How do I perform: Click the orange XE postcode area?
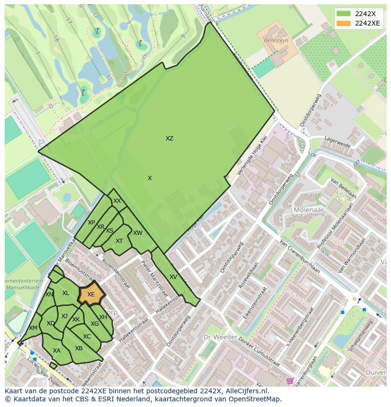tap(91, 294)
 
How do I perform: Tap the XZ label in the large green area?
tap(169, 139)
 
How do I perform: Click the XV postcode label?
tap(173, 277)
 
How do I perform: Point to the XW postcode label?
tap(137, 233)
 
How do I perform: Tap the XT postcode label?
tap(119, 241)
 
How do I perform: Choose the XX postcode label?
tap(117, 201)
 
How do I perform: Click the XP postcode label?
tap(91, 223)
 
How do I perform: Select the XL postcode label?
tap(66, 293)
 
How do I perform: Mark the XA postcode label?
tap(57, 351)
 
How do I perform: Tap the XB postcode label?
tap(79, 348)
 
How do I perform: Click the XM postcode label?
tap(33, 328)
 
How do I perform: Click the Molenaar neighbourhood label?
tap(306, 210)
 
